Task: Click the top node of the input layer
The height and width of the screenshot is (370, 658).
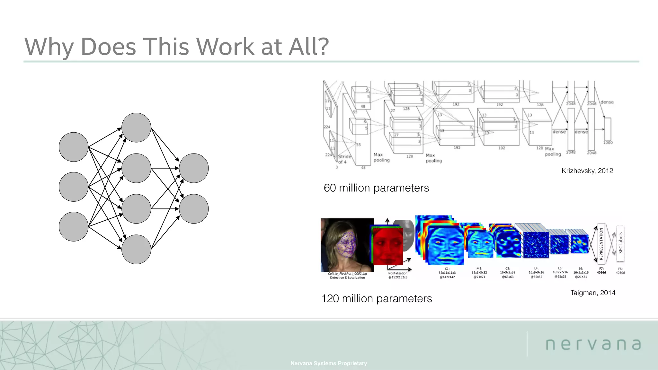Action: [x=74, y=147]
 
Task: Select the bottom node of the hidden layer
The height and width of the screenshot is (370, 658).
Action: [x=136, y=249]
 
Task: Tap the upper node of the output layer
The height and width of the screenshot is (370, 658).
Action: [x=194, y=168]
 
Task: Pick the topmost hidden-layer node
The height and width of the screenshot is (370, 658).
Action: [x=136, y=128]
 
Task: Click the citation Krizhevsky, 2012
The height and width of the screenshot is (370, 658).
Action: [x=587, y=171]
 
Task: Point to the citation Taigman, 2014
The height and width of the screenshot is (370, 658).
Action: [x=593, y=293]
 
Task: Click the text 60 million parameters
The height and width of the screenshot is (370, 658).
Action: [x=376, y=188]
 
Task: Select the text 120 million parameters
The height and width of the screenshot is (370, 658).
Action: [x=377, y=298]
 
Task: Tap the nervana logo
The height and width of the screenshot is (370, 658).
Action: [x=593, y=344]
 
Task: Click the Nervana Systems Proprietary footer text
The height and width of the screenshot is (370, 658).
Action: [x=329, y=363]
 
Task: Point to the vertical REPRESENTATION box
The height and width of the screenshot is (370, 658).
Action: [x=601, y=243]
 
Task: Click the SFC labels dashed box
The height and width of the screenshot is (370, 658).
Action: [x=620, y=243]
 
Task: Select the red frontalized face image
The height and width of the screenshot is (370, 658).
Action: [x=388, y=246]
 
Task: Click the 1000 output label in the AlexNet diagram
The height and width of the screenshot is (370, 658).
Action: [x=608, y=142]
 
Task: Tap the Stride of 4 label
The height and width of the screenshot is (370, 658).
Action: [x=344, y=159]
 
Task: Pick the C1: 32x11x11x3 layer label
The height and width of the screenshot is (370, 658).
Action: [x=447, y=273]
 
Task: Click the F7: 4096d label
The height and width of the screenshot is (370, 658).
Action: [x=601, y=271]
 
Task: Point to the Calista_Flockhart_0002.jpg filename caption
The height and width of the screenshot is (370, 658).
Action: [x=347, y=274]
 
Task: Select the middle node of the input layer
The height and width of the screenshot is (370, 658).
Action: [x=74, y=187]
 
